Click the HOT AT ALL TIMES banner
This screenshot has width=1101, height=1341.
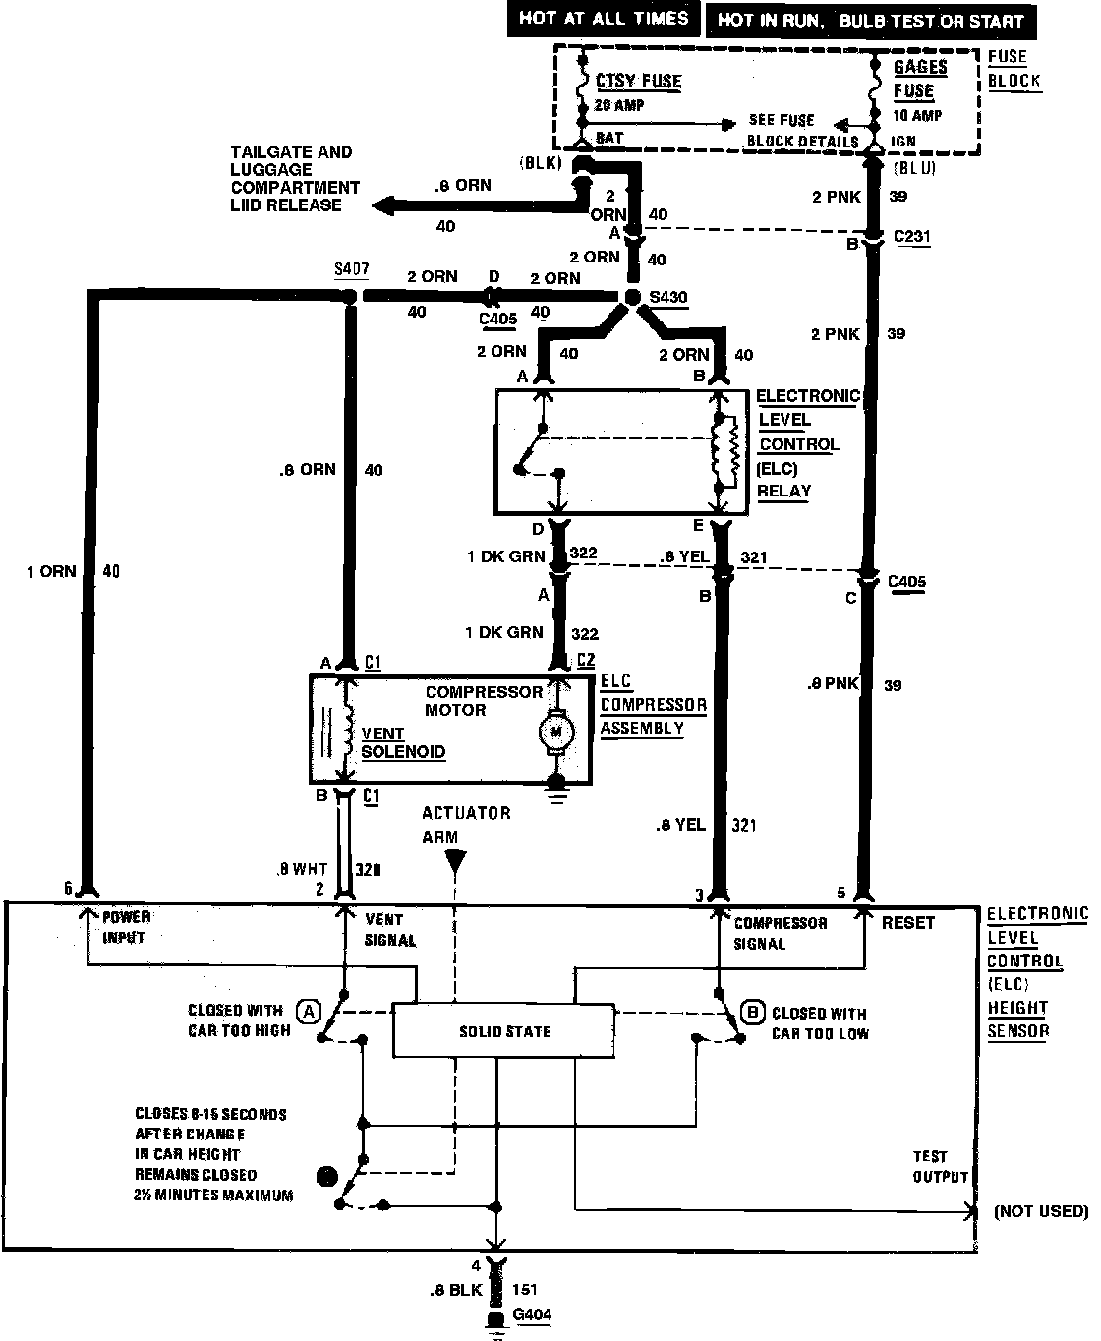(x=604, y=19)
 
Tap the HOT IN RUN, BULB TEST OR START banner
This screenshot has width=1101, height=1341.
(x=871, y=20)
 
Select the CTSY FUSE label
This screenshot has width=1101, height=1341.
(x=638, y=81)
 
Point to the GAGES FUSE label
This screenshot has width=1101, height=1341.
(x=919, y=79)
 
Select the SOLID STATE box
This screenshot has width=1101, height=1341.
(x=504, y=1031)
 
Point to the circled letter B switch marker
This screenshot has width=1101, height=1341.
(x=754, y=1012)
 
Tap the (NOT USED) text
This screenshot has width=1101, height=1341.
(x=1040, y=1210)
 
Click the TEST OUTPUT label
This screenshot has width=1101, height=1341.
(x=939, y=1166)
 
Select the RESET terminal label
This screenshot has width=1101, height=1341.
(x=907, y=922)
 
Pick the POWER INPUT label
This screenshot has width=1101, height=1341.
(x=125, y=926)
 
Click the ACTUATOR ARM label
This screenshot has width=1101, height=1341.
(x=466, y=824)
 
